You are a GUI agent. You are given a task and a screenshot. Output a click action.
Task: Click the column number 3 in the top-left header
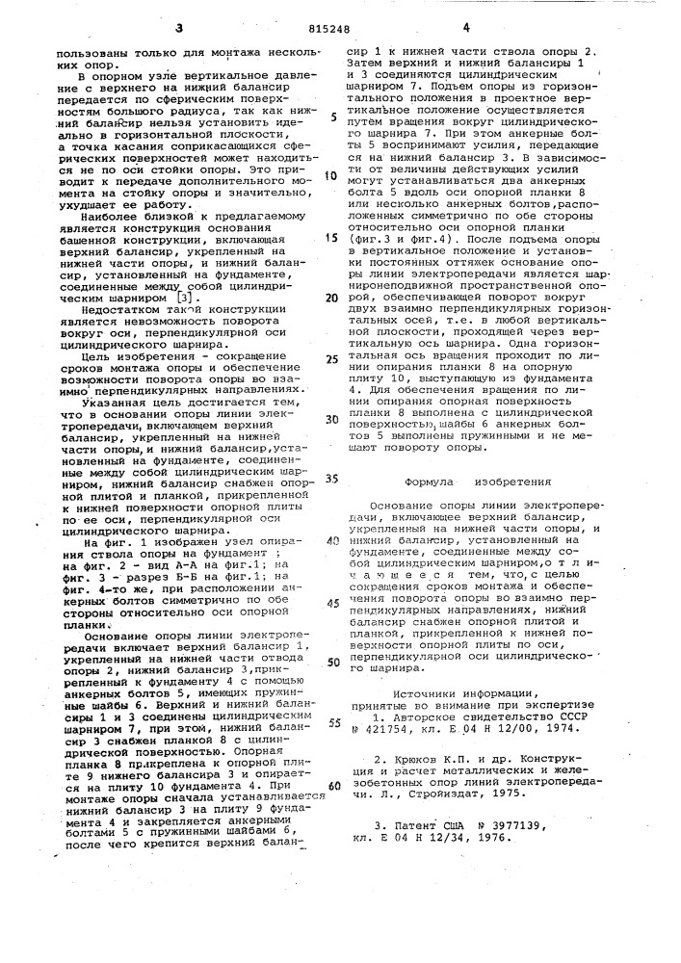179,30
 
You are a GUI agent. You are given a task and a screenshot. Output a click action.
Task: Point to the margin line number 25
332,358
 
